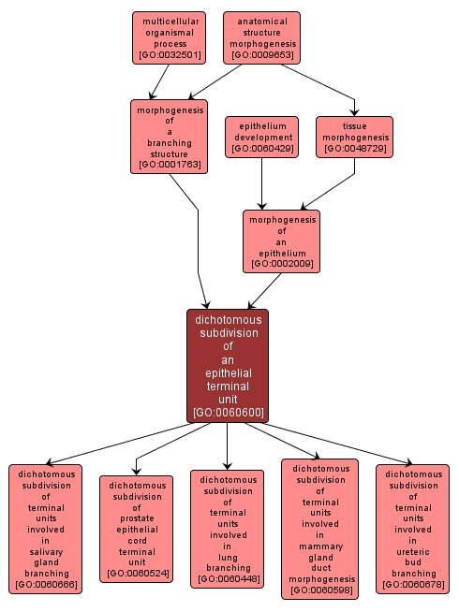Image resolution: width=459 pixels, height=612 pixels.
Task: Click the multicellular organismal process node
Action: (x=168, y=37)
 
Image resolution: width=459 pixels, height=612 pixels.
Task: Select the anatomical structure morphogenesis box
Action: (x=261, y=37)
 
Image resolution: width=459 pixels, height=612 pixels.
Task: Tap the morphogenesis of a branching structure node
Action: (x=169, y=137)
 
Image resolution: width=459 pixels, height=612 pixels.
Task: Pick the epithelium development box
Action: (x=261, y=137)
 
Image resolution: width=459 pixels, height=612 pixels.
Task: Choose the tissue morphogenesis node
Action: (x=354, y=137)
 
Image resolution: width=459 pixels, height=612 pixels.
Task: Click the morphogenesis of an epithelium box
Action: (x=281, y=240)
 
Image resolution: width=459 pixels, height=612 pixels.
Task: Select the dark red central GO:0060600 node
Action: (x=228, y=365)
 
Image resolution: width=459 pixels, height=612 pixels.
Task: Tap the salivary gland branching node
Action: (x=46, y=529)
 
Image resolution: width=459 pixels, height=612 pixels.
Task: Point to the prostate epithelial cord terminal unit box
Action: (x=137, y=529)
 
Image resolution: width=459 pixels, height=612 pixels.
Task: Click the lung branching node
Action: (x=228, y=529)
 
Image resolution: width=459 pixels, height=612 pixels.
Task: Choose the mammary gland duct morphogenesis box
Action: (x=319, y=529)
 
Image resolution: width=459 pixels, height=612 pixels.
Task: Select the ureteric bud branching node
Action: (x=412, y=529)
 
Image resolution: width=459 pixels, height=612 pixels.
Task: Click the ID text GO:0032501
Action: (x=168, y=55)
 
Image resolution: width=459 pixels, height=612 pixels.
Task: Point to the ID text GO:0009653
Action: (x=261, y=55)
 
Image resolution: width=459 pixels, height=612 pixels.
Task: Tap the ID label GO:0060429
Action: (x=261, y=148)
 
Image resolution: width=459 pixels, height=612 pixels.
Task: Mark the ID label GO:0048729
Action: (x=354, y=148)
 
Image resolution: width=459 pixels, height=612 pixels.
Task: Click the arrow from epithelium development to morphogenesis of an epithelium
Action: (x=261, y=183)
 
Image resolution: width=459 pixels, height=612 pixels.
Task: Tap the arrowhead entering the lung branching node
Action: (x=228, y=465)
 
